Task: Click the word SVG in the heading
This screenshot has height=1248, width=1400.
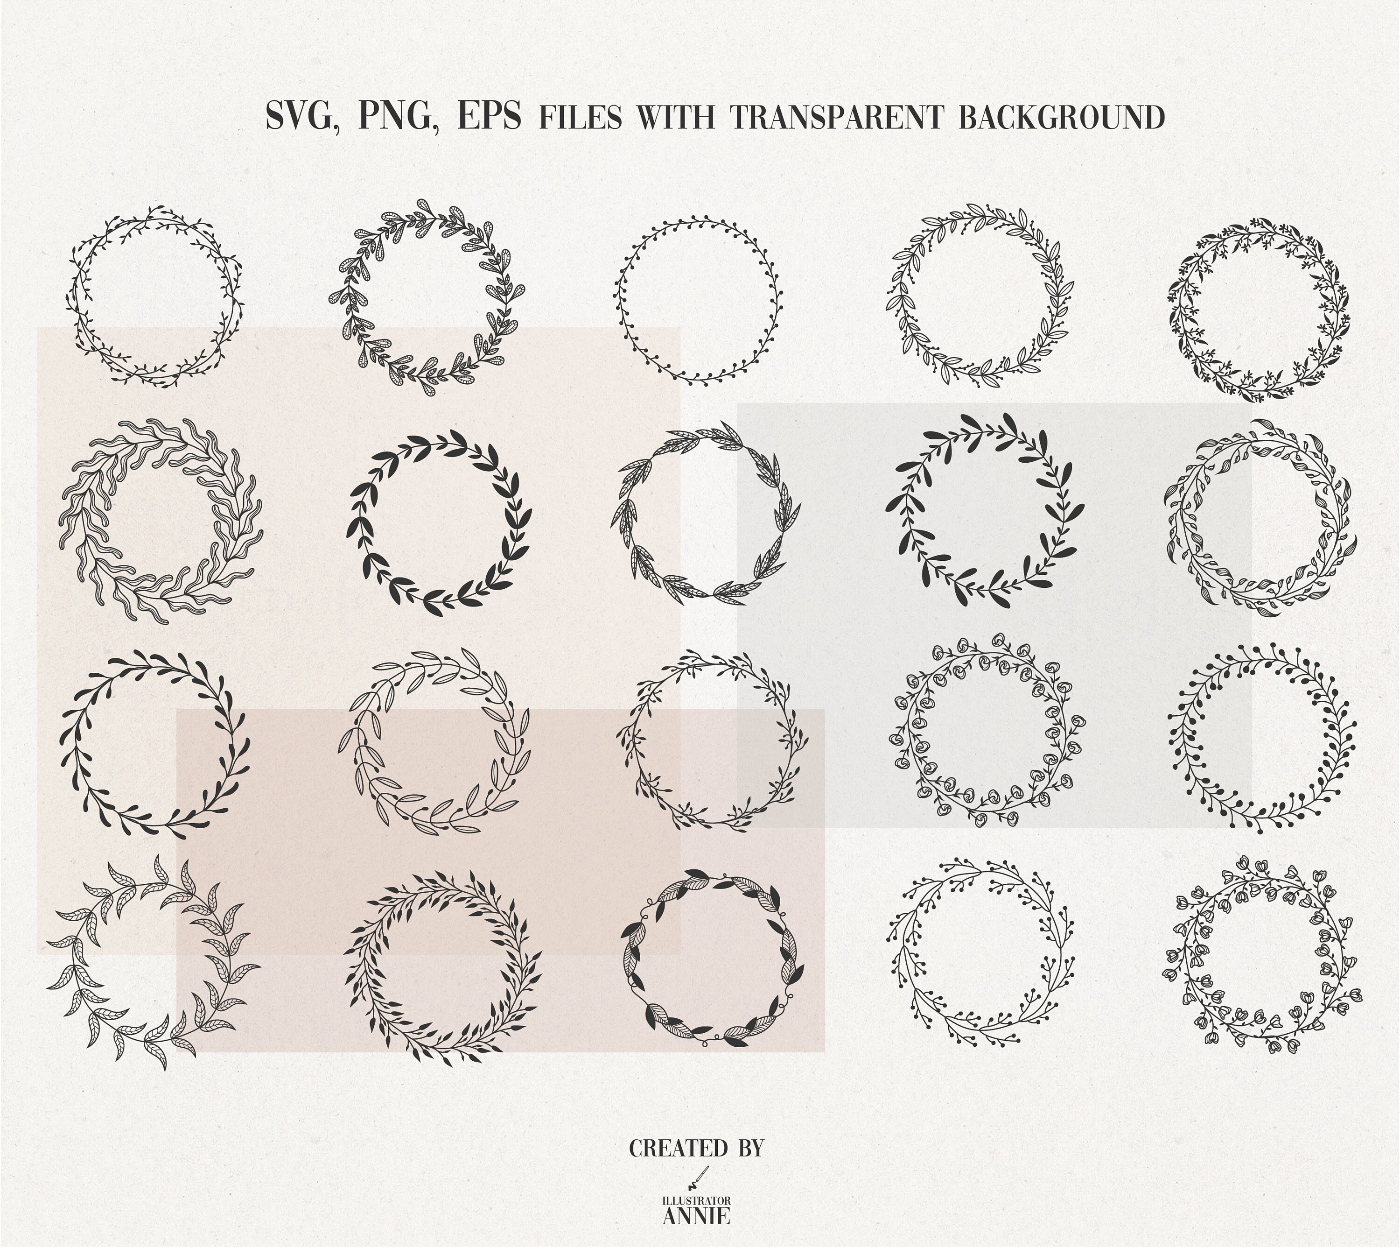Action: pyautogui.click(x=304, y=116)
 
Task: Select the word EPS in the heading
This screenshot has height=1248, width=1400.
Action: pyautogui.click(x=489, y=115)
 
